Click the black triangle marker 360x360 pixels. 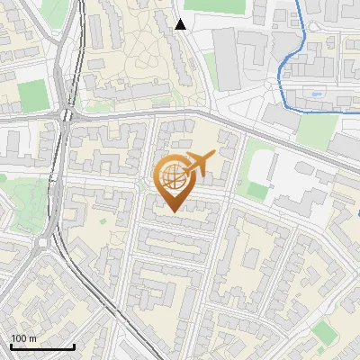pyautogui.click(x=181, y=24)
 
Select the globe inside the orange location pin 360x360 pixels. pyautogui.click(x=171, y=175)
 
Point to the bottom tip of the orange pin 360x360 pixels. pyautogui.click(x=172, y=211)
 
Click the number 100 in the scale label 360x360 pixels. pyautogui.click(x=18, y=339)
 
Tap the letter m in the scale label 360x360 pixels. pyautogui.click(x=32, y=339)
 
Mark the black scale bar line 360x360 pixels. pyautogui.click(x=41, y=347)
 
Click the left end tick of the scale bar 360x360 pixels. pyautogui.click(x=10, y=346)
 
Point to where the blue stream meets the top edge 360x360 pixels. pyautogui.click(x=301, y=2)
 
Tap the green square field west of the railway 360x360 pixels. pyautogui.click(x=31, y=94)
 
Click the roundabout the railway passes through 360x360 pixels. pyautogui.click(x=67, y=116)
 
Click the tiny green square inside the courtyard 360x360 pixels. pyautogui.click(x=103, y=220)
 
